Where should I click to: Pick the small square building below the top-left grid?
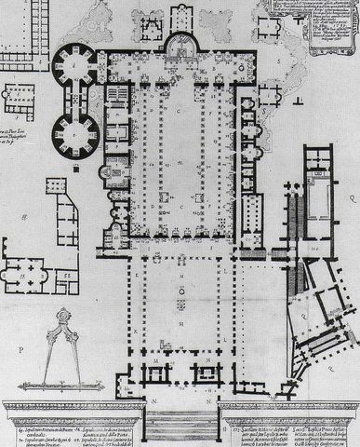click(x=21, y=96)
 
